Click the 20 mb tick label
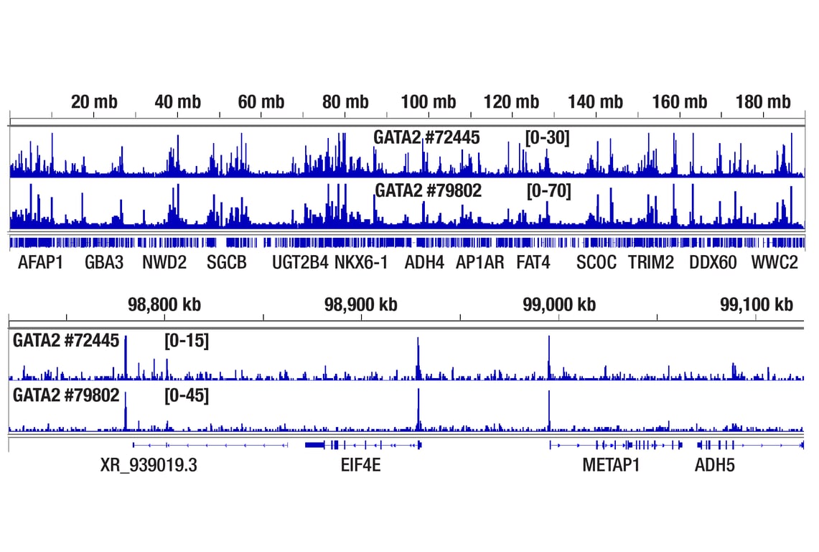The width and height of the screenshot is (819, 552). pyautogui.click(x=93, y=102)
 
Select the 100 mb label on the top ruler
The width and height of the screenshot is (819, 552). pyautogui.click(x=429, y=102)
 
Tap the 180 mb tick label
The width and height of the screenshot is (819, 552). pyautogui.click(x=763, y=102)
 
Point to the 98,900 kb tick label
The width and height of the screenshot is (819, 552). pyautogui.click(x=361, y=305)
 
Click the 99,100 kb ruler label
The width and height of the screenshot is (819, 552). pyautogui.click(x=757, y=305)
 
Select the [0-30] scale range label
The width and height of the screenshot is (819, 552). pyautogui.click(x=547, y=137)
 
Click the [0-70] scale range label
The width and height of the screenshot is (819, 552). pyautogui.click(x=548, y=191)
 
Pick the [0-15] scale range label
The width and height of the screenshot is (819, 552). pyautogui.click(x=187, y=341)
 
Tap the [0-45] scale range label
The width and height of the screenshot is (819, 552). pyautogui.click(x=187, y=395)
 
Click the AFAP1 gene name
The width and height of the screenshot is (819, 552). pyautogui.click(x=40, y=263)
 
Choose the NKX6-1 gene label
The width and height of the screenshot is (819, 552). pyautogui.click(x=361, y=263)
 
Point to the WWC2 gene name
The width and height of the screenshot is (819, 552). pyautogui.click(x=774, y=263)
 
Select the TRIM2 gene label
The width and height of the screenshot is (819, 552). pyautogui.click(x=651, y=263)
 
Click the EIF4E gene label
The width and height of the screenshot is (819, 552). pyautogui.click(x=361, y=466)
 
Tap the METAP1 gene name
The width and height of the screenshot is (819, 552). pyautogui.click(x=611, y=466)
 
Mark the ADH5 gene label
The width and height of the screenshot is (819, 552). pyautogui.click(x=714, y=466)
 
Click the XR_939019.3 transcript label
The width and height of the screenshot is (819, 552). pyautogui.click(x=149, y=466)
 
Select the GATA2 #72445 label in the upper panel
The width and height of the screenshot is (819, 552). pyautogui.click(x=426, y=137)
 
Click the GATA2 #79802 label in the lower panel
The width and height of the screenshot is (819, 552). pyautogui.click(x=66, y=395)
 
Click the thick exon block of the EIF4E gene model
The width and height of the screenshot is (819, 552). pyautogui.click(x=315, y=446)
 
